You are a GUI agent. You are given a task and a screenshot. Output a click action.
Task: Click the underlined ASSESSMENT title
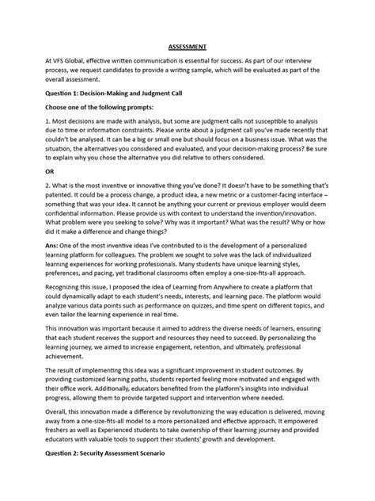187,47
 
